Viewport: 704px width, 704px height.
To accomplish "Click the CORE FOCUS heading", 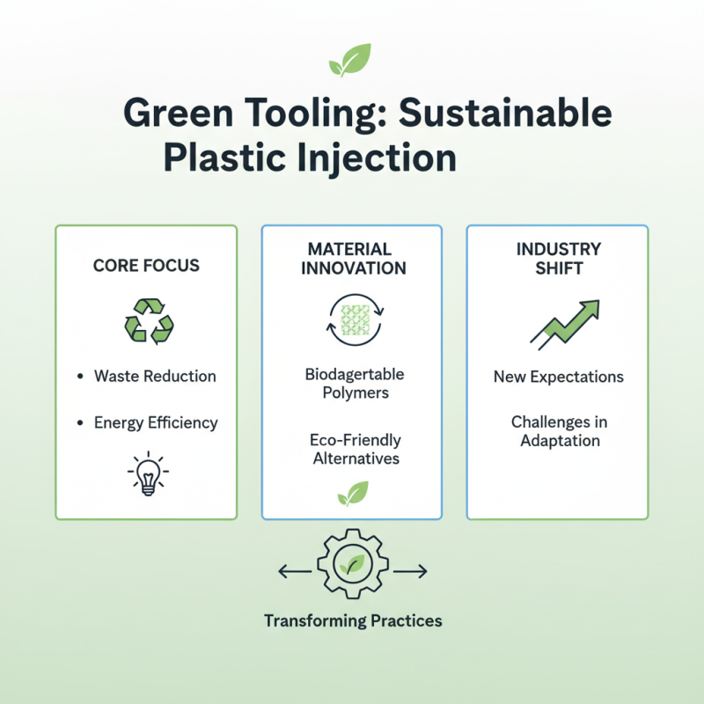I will pyautogui.click(x=146, y=265).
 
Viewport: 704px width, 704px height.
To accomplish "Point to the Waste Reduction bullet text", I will pyautogui.click(x=155, y=376).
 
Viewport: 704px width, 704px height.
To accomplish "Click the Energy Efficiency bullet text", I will pyautogui.click(x=156, y=422).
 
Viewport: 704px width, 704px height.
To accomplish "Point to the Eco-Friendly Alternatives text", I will pyautogui.click(x=356, y=449).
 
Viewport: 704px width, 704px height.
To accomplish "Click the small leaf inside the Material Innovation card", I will pyautogui.click(x=353, y=495).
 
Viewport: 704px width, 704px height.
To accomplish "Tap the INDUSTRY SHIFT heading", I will pyautogui.click(x=559, y=259).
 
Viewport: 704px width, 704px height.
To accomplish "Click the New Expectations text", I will pyautogui.click(x=559, y=377).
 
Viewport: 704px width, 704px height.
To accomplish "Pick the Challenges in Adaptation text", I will pyautogui.click(x=559, y=431).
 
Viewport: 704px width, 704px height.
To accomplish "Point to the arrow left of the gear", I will pyautogui.click(x=295, y=572).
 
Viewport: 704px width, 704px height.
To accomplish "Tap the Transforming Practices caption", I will pyautogui.click(x=353, y=620).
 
